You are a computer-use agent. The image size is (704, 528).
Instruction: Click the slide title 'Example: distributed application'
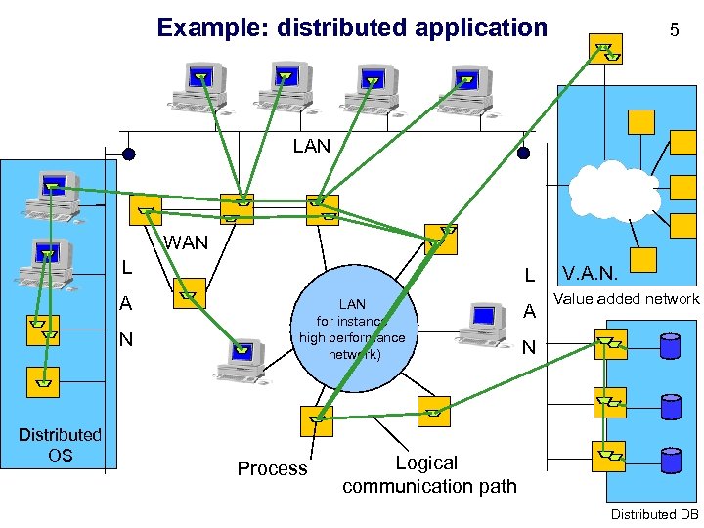352,27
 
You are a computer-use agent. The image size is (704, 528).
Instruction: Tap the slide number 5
674,30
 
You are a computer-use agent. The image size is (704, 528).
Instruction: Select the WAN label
186,242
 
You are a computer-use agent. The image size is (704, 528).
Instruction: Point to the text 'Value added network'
627,299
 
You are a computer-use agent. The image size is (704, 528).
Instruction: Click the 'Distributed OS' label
60,444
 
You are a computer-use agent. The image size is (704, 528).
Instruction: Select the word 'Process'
272,468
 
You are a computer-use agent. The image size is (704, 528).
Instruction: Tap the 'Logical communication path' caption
428,474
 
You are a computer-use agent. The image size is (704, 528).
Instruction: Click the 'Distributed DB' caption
654,514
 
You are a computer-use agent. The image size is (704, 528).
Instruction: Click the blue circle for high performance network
353,329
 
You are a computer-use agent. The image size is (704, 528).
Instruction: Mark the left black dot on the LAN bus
128,154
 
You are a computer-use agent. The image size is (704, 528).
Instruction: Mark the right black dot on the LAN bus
523,154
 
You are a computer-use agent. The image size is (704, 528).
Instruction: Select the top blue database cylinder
671,346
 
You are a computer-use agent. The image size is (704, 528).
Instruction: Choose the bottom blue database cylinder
671,459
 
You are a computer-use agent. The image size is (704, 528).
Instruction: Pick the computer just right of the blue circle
483,323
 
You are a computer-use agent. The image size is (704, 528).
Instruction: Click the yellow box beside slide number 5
606,49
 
